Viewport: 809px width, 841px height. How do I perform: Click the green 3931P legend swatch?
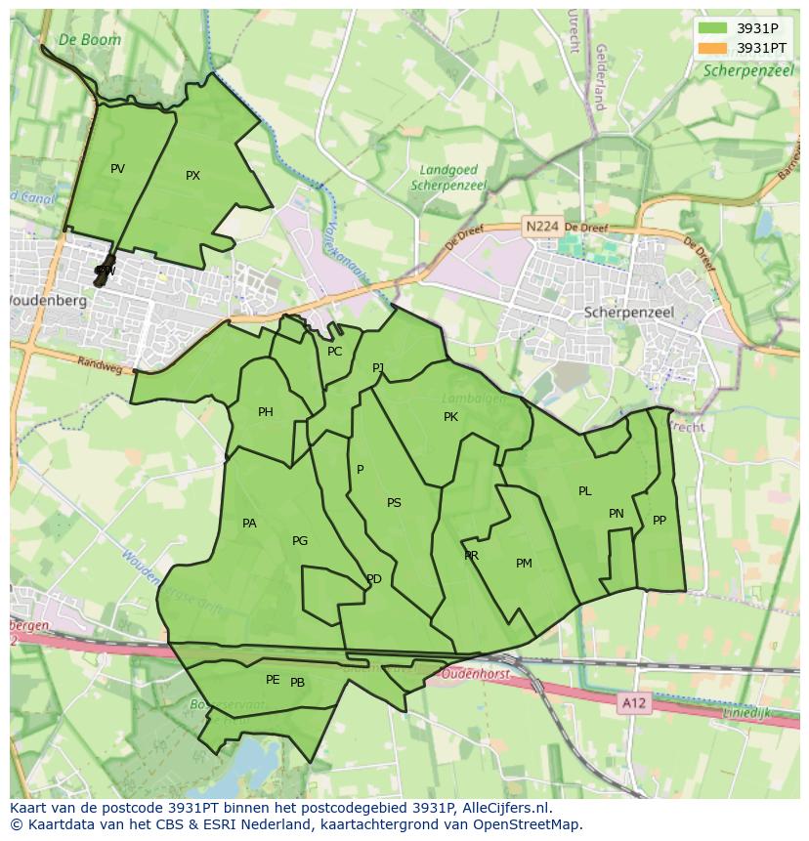tap(713, 28)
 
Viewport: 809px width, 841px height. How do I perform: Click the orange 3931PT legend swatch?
tap(713, 48)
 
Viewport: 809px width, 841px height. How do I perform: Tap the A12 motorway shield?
tap(635, 702)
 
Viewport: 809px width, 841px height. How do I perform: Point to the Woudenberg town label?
tap(47, 301)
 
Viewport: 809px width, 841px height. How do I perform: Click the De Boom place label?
tap(89, 40)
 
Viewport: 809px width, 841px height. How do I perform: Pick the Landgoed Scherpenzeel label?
tap(448, 177)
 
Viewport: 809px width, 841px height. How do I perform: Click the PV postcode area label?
tap(117, 169)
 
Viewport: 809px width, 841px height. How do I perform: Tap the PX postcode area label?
tap(192, 176)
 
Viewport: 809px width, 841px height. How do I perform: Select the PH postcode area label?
tap(265, 412)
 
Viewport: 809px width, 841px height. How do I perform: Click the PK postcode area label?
tap(450, 417)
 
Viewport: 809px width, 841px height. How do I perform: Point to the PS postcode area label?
tap(394, 503)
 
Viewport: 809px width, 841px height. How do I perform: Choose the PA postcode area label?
tap(249, 524)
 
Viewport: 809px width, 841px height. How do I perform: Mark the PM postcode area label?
tap(524, 564)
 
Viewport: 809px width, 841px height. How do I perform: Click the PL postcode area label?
tap(584, 491)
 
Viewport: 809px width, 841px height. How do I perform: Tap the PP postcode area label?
tap(660, 521)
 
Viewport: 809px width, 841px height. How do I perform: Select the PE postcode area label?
tap(273, 680)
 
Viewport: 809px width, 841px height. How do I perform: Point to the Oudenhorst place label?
tap(473, 674)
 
